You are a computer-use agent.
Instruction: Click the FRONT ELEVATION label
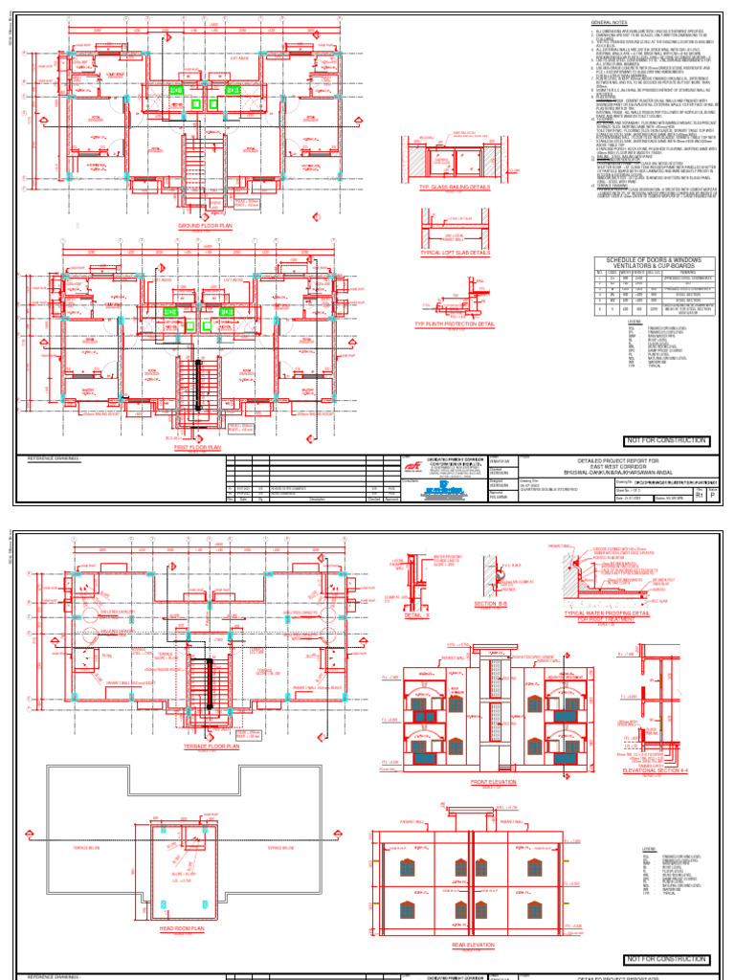(x=493, y=783)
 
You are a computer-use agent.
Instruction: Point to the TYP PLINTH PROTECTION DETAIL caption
(x=455, y=324)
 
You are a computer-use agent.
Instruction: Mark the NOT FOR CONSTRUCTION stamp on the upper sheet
(x=666, y=440)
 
